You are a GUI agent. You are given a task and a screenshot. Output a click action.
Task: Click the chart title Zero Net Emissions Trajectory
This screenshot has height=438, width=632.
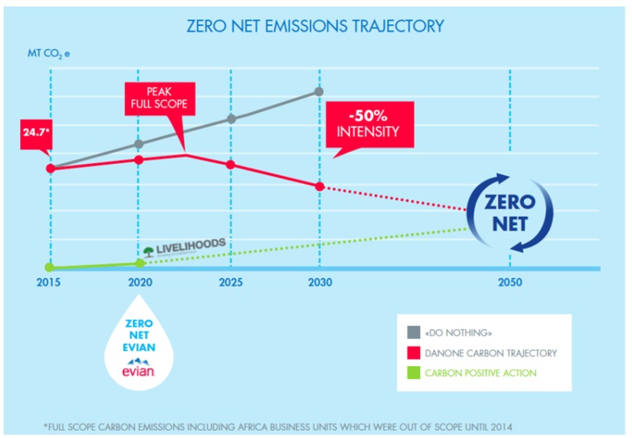click(x=315, y=26)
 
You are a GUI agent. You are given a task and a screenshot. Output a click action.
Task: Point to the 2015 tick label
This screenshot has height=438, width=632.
click(x=50, y=283)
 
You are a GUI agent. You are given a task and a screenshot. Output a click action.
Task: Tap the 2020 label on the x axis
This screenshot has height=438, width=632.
click(x=140, y=283)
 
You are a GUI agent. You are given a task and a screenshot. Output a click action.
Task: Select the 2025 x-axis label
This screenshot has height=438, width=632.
click(x=231, y=283)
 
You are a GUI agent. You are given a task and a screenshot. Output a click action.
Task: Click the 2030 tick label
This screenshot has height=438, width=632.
click(x=320, y=283)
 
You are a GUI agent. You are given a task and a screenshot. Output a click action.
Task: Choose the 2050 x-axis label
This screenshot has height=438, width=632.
click(x=509, y=283)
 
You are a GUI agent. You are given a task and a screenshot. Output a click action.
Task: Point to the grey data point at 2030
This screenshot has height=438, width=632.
click(x=319, y=92)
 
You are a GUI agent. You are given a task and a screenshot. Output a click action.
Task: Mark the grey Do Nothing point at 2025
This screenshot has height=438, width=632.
click(x=231, y=119)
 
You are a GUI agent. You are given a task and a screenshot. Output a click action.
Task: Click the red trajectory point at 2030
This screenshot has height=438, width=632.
click(x=319, y=186)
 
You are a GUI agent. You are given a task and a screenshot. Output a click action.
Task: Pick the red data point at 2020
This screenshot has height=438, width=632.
click(x=139, y=160)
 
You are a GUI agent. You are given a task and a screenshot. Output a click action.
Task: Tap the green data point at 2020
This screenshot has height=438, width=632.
click(x=140, y=263)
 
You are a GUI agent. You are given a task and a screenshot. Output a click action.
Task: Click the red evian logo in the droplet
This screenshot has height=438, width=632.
click(x=139, y=371)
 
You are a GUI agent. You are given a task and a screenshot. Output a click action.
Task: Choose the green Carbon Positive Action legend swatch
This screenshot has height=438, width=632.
click(x=413, y=373)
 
